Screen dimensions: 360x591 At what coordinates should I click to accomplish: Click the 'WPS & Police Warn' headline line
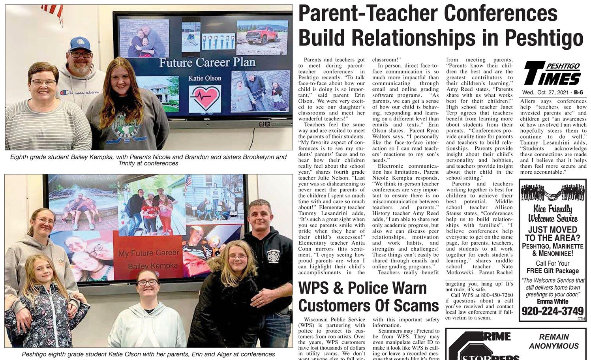[x=362, y=288]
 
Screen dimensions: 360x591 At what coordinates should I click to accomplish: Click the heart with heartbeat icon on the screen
[x=205, y=98]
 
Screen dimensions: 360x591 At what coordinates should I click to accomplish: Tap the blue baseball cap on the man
[x=80, y=43]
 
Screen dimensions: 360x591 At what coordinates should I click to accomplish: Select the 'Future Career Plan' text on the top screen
[x=207, y=63]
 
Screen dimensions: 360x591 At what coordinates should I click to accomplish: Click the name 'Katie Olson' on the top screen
[x=205, y=78]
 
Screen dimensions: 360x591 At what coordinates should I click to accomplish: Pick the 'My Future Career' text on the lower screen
[x=149, y=253]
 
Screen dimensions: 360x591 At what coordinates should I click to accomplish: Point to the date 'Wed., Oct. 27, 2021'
[x=547, y=93]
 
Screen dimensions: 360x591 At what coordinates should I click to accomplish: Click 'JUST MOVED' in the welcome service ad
[x=552, y=230]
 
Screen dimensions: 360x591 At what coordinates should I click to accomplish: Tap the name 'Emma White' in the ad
[x=552, y=301]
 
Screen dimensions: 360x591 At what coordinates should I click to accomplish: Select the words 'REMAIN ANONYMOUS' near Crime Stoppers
[x=553, y=341]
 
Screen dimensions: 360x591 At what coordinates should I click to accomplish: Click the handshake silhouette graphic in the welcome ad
[x=552, y=193]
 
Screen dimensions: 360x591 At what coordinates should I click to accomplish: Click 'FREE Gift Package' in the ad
[x=552, y=271]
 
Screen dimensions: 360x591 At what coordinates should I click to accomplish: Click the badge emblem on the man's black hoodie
[x=273, y=256]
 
